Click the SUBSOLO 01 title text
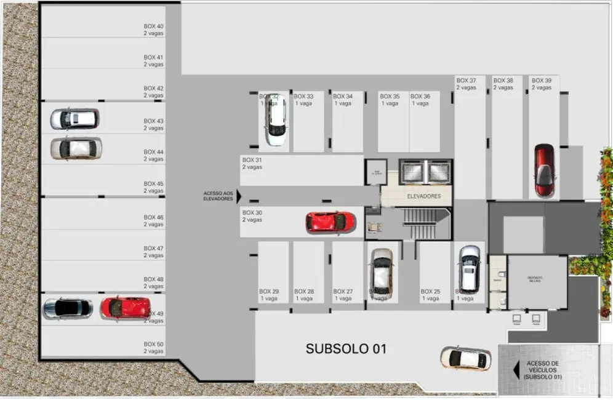pos(346,349)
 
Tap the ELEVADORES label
pos(424,196)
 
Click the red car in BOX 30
pos(331,222)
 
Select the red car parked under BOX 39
pos(543,170)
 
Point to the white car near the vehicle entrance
pos(465,358)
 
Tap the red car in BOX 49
pos(126,307)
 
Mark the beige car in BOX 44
pos(76,148)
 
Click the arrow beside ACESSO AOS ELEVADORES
pos(239,196)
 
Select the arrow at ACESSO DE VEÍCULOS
pos(516,370)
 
